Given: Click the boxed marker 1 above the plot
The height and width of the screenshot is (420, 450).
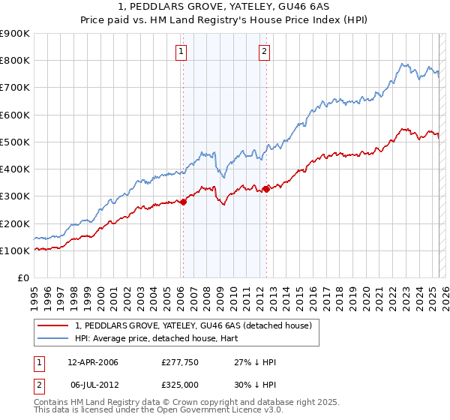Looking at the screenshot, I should tap(182, 52).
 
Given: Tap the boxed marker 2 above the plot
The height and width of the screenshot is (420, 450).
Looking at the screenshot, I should tap(265, 52).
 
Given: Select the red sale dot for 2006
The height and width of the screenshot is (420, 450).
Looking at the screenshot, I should tap(183, 202).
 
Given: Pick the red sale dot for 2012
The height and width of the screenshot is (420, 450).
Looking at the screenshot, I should tap(266, 188).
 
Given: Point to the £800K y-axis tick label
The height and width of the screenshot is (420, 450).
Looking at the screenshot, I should tap(14, 61).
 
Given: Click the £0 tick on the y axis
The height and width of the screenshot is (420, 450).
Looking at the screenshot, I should tap(22, 278).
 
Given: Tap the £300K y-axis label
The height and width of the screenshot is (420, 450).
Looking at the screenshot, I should tap(14, 196).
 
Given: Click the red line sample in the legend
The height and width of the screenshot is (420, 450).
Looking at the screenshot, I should tap(54, 325).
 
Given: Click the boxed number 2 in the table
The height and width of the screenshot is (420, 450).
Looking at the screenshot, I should tap(39, 385).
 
